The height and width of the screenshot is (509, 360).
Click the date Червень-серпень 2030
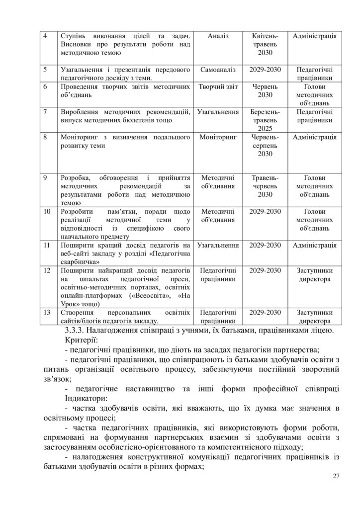tap(265, 145)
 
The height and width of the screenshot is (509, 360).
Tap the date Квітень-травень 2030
tap(265, 44)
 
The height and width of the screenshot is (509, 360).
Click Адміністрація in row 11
tap(314, 245)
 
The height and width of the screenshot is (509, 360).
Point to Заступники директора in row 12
tap(314, 275)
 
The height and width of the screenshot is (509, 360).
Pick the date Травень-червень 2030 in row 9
tap(265, 186)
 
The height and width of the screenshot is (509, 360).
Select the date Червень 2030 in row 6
tap(265, 90)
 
